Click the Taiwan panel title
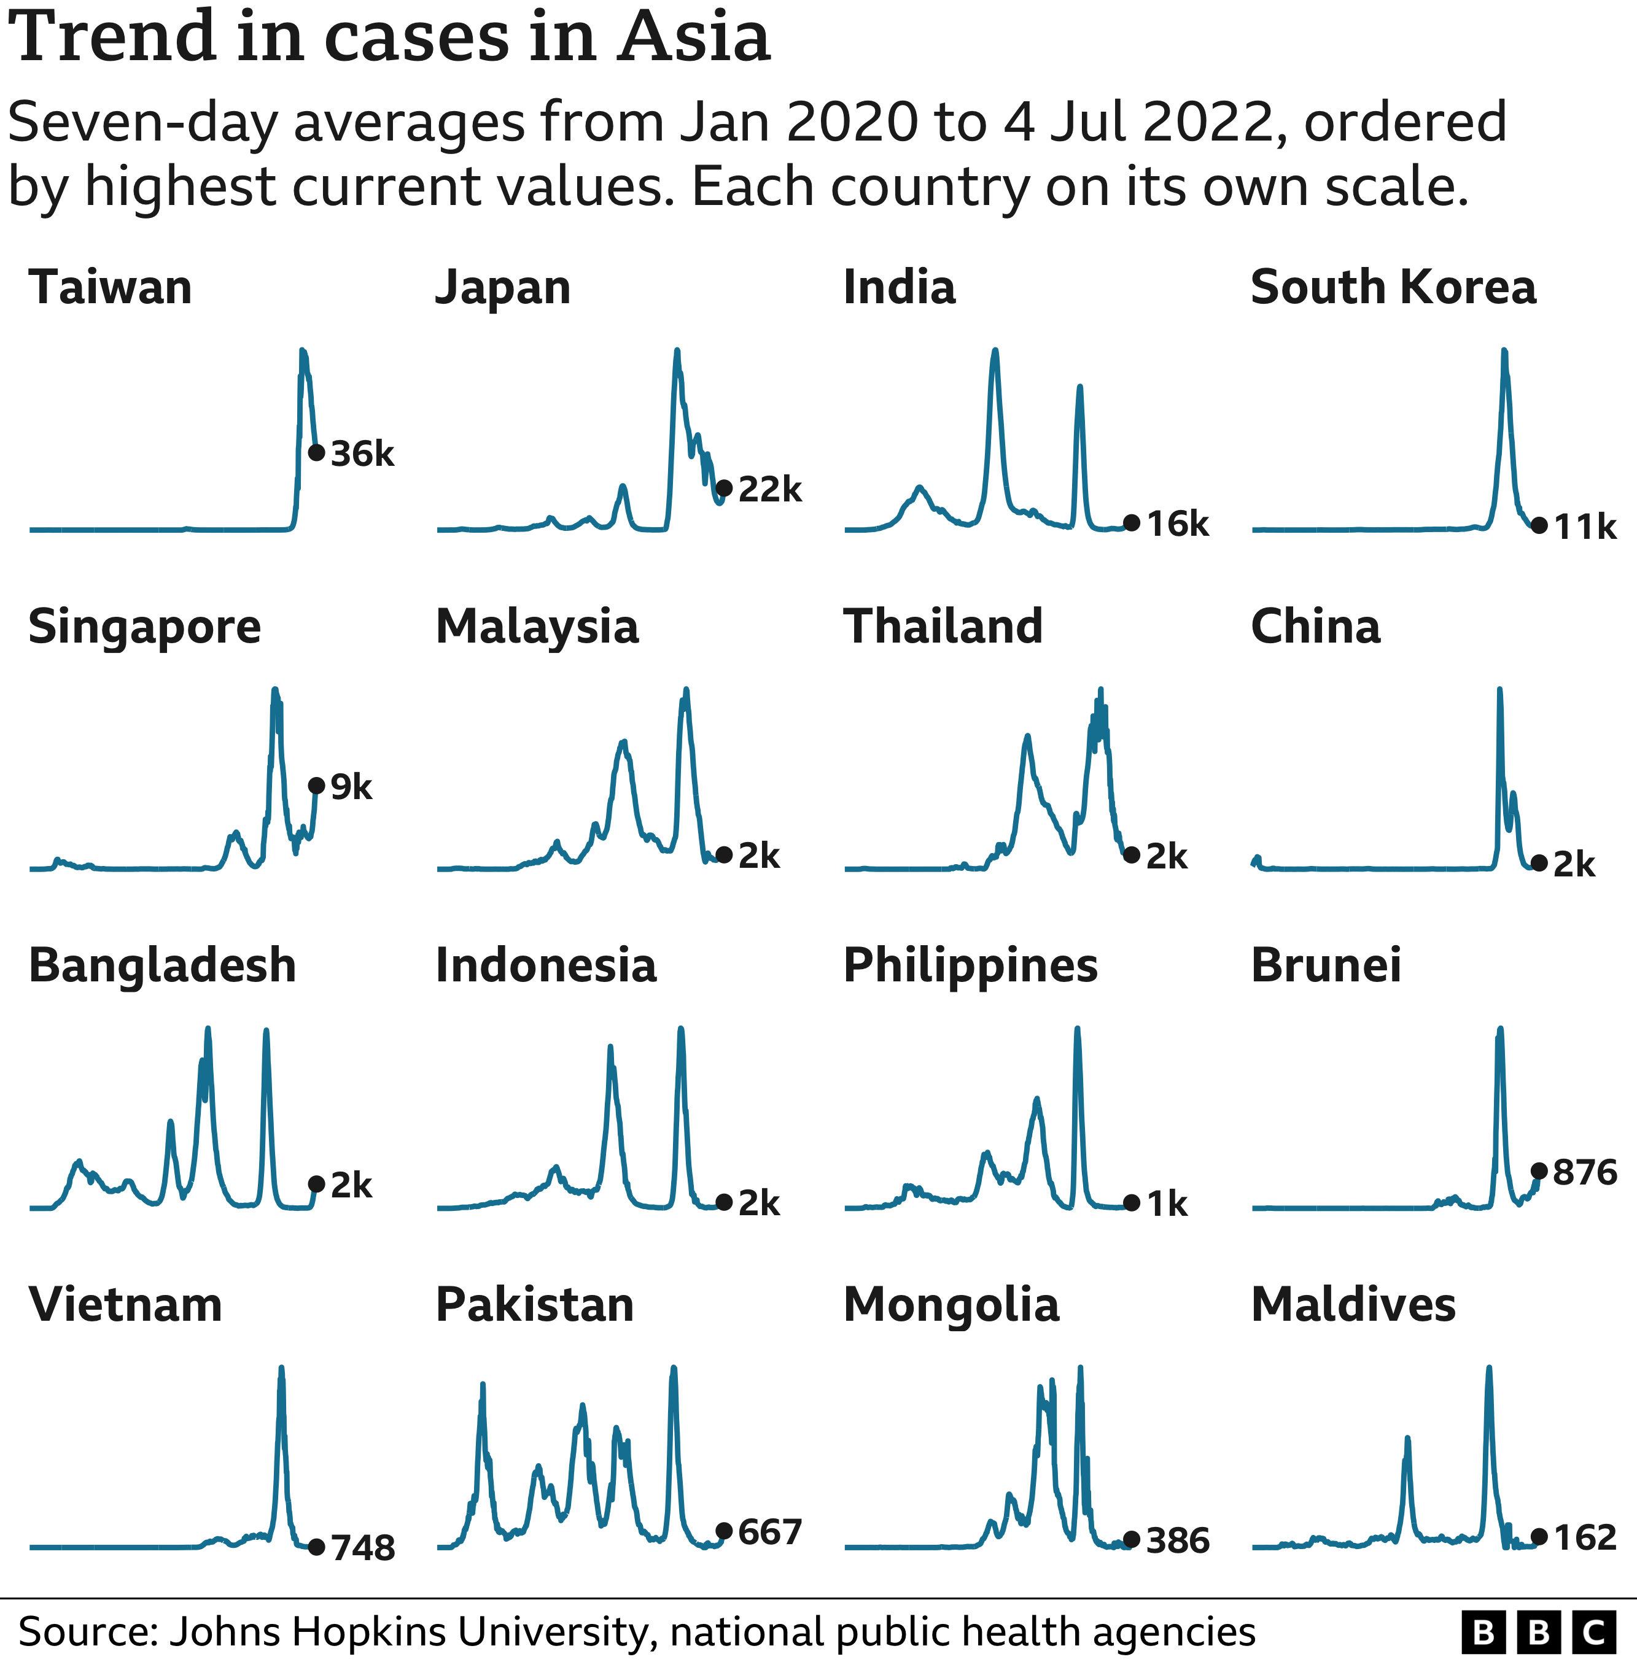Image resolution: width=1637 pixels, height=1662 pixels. [110, 287]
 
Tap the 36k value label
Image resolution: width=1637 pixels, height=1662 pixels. [362, 454]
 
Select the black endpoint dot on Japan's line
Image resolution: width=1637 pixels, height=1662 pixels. [724, 488]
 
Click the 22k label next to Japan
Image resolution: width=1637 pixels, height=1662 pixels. [769, 489]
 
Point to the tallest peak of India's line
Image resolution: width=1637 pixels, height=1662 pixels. [995, 350]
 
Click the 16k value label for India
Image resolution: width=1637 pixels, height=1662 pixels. [1177, 524]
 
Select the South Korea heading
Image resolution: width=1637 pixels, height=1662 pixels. [1393, 287]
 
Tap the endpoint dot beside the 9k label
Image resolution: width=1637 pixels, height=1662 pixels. [316, 786]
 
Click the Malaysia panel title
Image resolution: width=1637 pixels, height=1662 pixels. [537, 627]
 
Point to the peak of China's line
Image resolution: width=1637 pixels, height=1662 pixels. [1499, 690]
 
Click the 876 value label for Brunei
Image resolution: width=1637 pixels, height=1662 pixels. [1585, 1172]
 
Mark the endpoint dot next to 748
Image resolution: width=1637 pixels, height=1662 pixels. [316, 1547]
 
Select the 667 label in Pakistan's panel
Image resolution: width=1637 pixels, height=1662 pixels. [769, 1531]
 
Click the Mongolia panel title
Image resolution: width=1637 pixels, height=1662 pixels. [951, 1305]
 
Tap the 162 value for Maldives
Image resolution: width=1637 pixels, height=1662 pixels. [1585, 1537]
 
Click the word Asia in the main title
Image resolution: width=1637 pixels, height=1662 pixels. [693, 39]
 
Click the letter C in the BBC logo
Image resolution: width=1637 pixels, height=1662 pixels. [1593, 1632]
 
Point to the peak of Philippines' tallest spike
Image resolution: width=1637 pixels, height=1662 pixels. [1076, 1029]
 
